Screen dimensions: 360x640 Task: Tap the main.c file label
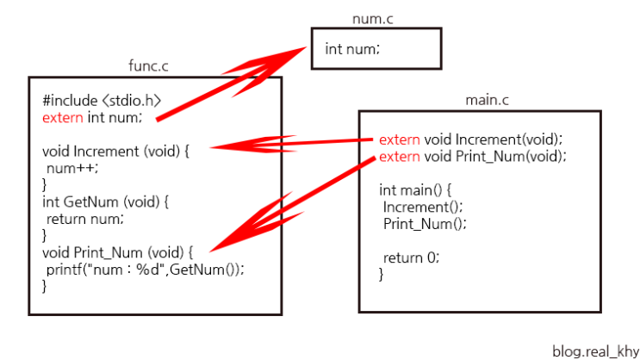pyautogui.click(x=487, y=100)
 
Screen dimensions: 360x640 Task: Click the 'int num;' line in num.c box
pyautogui.click(x=352, y=48)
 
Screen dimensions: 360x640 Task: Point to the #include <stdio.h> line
pyautogui.click(x=102, y=100)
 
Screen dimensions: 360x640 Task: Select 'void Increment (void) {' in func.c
pyautogui.click(x=115, y=150)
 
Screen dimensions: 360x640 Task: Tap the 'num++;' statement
pyautogui.click(x=73, y=167)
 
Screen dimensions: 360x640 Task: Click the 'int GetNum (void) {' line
pyautogui.click(x=107, y=202)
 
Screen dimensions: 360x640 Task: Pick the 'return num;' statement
pyautogui.click(x=85, y=219)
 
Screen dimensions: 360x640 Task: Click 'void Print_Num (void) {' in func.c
pyautogui.click(x=120, y=252)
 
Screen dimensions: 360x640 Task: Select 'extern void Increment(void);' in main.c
pyautogui.click(x=470, y=140)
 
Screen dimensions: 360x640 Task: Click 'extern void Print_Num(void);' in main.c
pyautogui.click(x=472, y=156)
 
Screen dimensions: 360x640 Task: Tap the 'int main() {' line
pyautogui.click(x=415, y=189)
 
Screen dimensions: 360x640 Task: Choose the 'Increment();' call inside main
pyautogui.click(x=423, y=207)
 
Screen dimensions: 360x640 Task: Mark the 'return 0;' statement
pyautogui.click(x=411, y=257)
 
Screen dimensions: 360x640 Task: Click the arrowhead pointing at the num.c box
pyautogui.click(x=297, y=53)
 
